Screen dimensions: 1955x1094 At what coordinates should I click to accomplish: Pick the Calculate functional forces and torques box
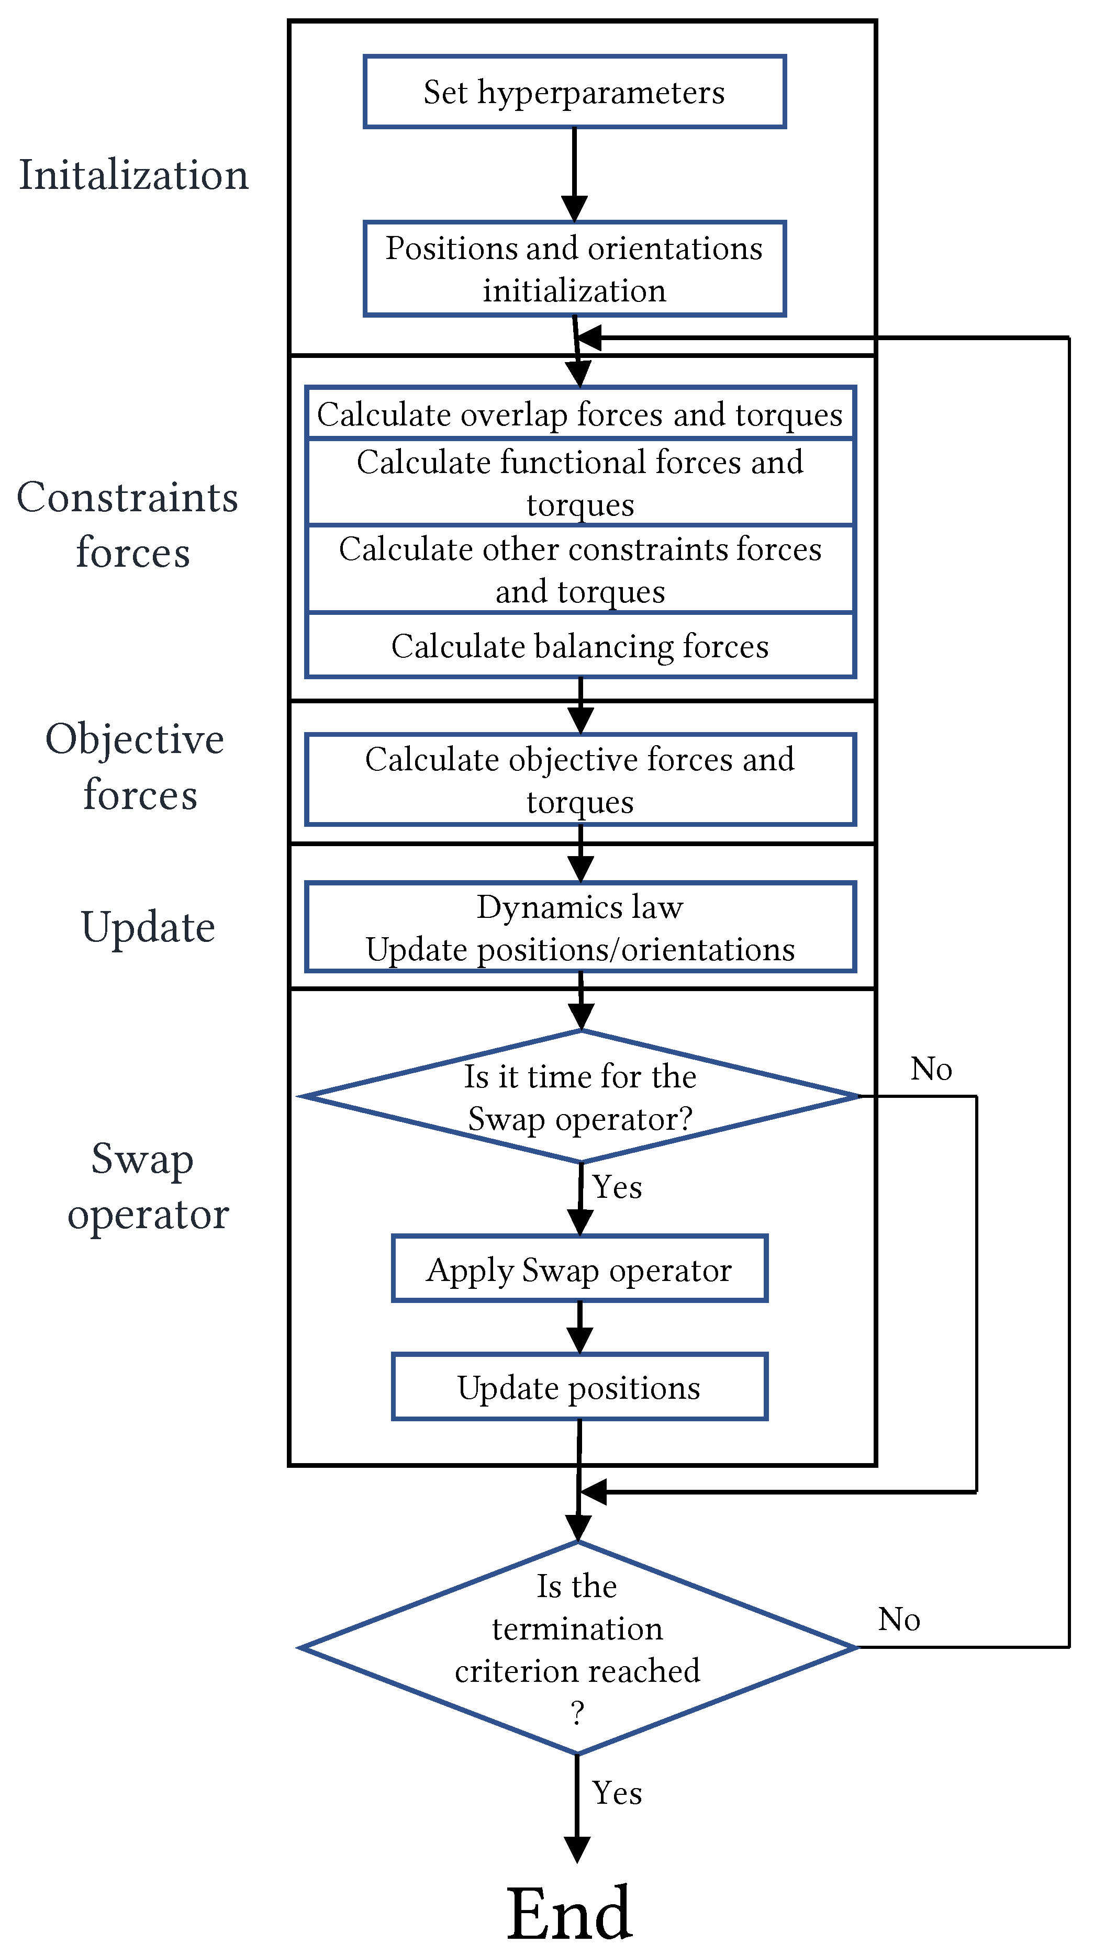[x=580, y=482]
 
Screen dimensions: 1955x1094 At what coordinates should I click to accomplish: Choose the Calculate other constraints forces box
[x=580, y=569]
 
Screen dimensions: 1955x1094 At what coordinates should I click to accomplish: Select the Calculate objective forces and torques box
[x=580, y=779]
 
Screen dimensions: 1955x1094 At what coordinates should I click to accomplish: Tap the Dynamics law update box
[x=580, y=927]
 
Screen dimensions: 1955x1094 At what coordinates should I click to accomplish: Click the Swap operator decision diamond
[x=580, y=1097]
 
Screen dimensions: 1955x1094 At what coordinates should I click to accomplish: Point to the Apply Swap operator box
[x=579, y=1269]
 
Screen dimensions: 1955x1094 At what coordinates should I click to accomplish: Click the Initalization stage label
[x=133, y=175]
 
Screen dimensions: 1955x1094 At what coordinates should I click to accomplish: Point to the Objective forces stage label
[x=135, y=767]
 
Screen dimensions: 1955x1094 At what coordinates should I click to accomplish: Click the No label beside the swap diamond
[x=931, y=1069]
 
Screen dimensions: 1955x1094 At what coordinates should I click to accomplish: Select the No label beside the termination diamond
[x=899, y=1619]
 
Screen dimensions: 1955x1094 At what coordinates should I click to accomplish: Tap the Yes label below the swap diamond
[x=617, y=1187]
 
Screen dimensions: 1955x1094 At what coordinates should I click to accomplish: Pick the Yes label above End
[x=617, y=1793]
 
